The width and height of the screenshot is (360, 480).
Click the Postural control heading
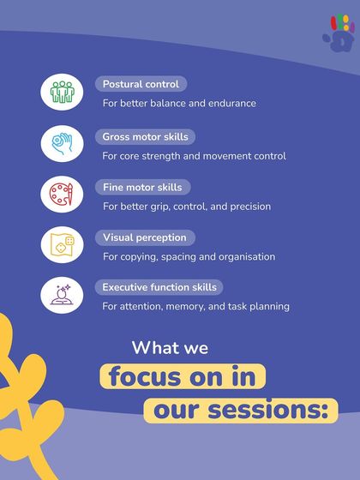141,85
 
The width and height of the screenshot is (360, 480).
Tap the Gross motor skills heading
145,136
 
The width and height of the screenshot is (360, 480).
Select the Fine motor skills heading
142,187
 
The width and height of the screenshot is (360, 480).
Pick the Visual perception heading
144,237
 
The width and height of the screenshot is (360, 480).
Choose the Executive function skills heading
159,287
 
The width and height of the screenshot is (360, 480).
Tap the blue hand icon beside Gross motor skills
62,143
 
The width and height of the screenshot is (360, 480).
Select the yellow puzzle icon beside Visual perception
62,245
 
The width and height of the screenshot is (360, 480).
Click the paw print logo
339,33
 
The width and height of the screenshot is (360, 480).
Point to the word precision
249,207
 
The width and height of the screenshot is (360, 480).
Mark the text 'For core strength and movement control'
194,156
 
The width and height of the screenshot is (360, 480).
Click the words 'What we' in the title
170,349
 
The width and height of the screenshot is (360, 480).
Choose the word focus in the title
142,376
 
